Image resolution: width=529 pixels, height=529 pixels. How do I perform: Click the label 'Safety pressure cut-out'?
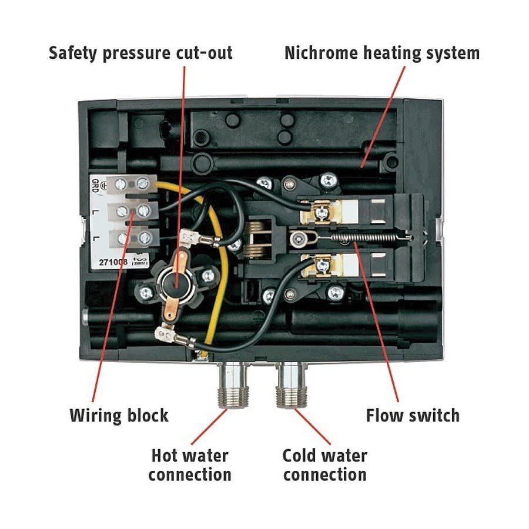140,53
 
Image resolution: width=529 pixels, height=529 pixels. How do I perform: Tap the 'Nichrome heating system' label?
382,53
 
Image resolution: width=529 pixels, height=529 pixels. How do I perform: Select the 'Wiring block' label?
119,416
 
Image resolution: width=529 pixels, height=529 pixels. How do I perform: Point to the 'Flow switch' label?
413,416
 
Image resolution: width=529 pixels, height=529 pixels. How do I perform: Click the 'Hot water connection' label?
189,465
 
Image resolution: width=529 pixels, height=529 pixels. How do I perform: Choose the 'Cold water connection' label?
324,465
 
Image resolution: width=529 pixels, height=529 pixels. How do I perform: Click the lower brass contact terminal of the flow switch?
322,265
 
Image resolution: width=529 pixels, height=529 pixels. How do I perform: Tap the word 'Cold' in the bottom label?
302,456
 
